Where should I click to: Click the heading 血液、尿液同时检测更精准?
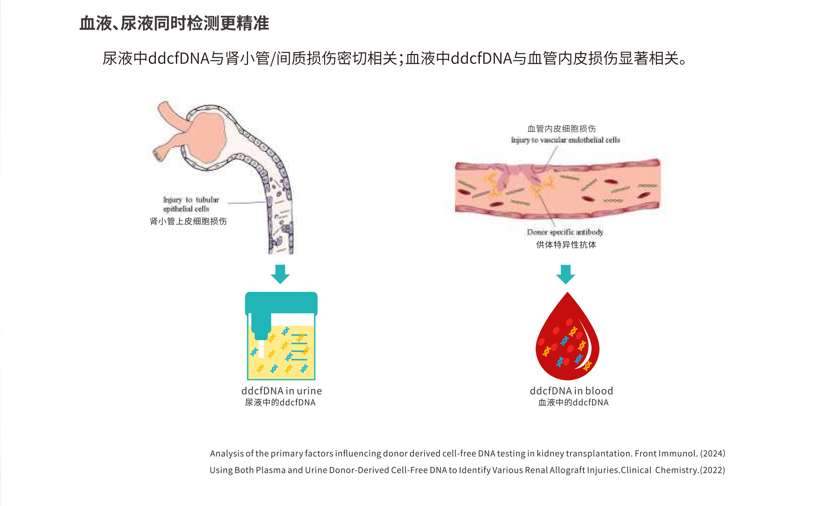coord(174,24)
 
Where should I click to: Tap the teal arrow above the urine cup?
coord(280,274)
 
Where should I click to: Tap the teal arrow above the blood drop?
coord(565,274)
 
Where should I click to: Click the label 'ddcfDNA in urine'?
coord(281,391)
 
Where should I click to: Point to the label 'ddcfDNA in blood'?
coord(571,391)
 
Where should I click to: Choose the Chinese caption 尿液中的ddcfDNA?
coord(280,402)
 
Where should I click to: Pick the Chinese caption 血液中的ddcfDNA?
coord(573,402)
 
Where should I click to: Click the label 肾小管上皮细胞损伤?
coord(188,221)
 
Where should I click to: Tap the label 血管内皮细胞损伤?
coord(562,129)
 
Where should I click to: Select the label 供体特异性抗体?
coord(566,245)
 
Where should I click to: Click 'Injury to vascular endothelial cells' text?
coord(565,140)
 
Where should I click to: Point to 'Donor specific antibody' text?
coord(565,232)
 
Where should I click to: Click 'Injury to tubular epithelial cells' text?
coord(191,204)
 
